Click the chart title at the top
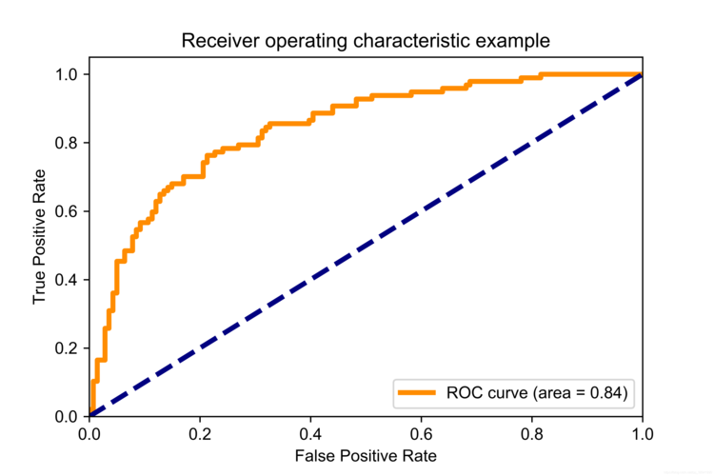pos(366,41)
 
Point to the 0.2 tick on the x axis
pos(200,434)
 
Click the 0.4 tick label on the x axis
pos(310,434)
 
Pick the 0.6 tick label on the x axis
pos(421,434)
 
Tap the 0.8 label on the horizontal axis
pos(532,434)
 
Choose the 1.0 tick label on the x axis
pos(643,434)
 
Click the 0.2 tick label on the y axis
pos(67,348)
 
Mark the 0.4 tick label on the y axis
pos(67,280)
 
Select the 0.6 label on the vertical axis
pos(67,211)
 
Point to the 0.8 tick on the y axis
pos(67,143)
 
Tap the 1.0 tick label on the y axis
pos(67,74)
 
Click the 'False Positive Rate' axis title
pos(366,456)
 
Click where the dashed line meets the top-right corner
pos(642,74)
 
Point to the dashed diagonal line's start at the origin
pos(90,415)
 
